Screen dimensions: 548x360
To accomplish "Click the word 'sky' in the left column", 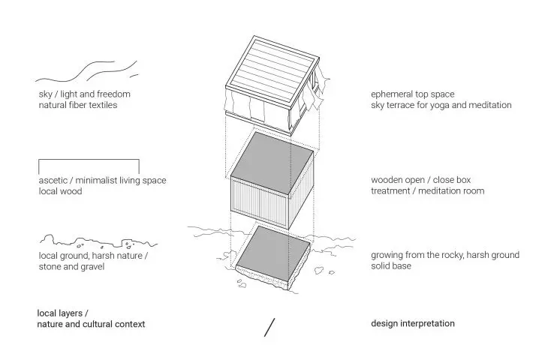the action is click(x=45, y=94).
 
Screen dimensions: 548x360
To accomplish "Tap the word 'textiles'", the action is click(x=103, y=105).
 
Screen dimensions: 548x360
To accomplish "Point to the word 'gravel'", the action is click(x=92, y=267).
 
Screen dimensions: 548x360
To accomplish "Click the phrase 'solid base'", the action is click(x=391, y=266).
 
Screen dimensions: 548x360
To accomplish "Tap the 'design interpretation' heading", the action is click(x=413, y=324).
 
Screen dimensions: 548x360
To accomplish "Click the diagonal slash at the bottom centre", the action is click(x=269, y=328).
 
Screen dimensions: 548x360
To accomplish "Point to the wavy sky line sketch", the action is click(x=86, y=71).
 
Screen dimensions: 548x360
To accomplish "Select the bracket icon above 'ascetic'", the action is click(x=89, y=160).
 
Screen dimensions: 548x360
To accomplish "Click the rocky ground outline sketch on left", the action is click(x=98, y=241).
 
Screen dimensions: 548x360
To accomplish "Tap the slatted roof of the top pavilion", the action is click(x=272, y=71).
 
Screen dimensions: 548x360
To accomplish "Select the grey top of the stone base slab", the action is click(x=272, y=253).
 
